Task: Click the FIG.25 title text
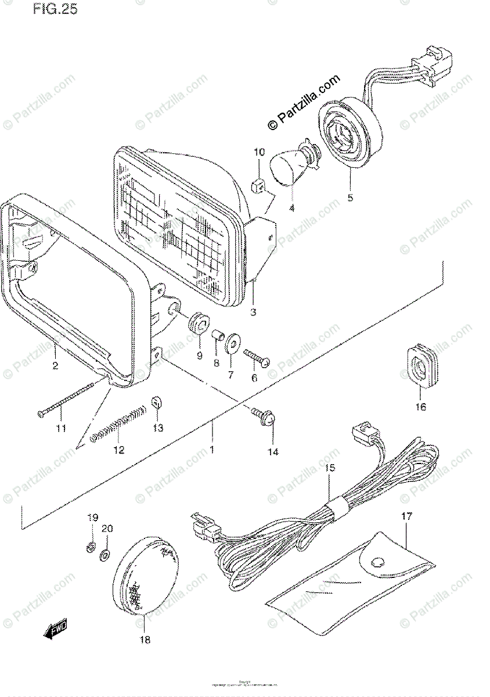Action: pyautogui.click(x=55, y=10)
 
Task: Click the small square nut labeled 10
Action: pyautogui.click(x=260, y=186)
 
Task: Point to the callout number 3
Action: pyautogui.click(x=253, y=313)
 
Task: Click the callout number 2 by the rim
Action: pyautogui.click(x=55, y=365)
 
